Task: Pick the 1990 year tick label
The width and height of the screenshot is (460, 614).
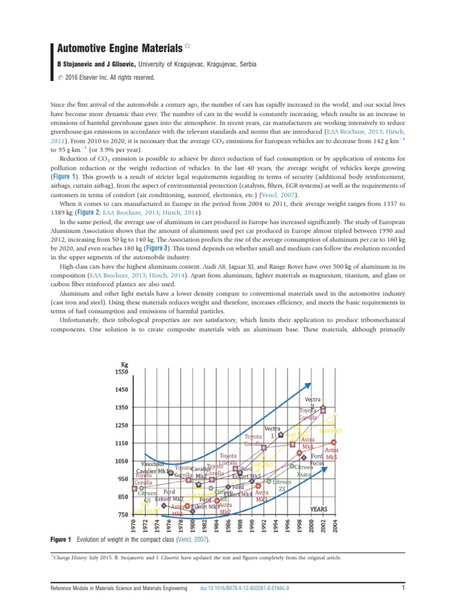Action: click(x=252, y=525)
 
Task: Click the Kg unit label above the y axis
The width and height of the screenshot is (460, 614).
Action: click(x=125, y=364)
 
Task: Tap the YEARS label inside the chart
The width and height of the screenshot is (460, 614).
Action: click(x=322, y=508)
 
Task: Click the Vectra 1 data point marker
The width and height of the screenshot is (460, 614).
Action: click(x=281, y=435)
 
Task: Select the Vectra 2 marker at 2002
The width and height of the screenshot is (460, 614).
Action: click(x=323, y=410)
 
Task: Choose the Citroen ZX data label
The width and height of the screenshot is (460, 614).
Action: click(x=282, y=485)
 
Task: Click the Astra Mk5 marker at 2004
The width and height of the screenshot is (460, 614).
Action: click(x=334, y=443)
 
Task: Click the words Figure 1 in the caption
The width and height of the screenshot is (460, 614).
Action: click(x=61, y=540)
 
